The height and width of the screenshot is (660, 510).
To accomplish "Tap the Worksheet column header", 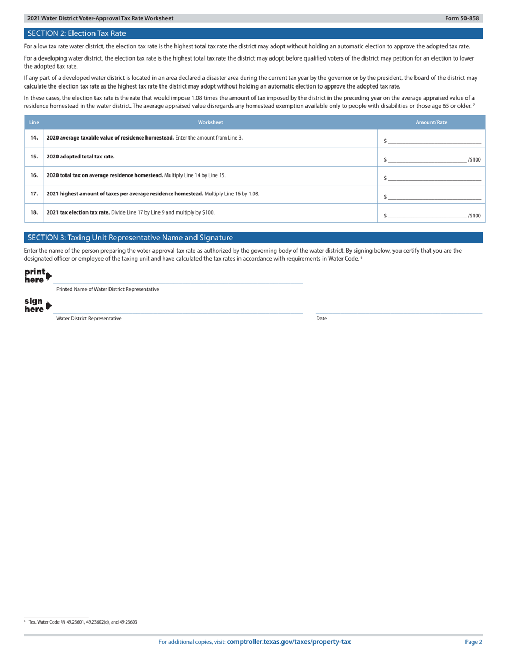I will point(210,122).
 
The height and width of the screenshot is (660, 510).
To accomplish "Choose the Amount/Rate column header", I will point(431,122).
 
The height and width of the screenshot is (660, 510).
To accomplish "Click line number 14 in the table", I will point(34,138).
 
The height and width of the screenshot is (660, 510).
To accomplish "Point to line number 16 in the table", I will point(34,175).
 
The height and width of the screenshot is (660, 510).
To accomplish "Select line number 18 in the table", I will point(34,212).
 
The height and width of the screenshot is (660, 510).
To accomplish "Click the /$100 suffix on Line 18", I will point(475,216).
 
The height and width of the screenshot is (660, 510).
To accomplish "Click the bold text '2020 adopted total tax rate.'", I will point(81,157).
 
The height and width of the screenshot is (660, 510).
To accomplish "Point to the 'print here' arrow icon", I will point(49,276).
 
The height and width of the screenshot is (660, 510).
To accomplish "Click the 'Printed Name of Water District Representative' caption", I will point(107,289).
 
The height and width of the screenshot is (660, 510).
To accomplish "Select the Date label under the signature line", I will point(322,318).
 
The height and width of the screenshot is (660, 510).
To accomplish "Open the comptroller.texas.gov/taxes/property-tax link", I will point(289,642).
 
